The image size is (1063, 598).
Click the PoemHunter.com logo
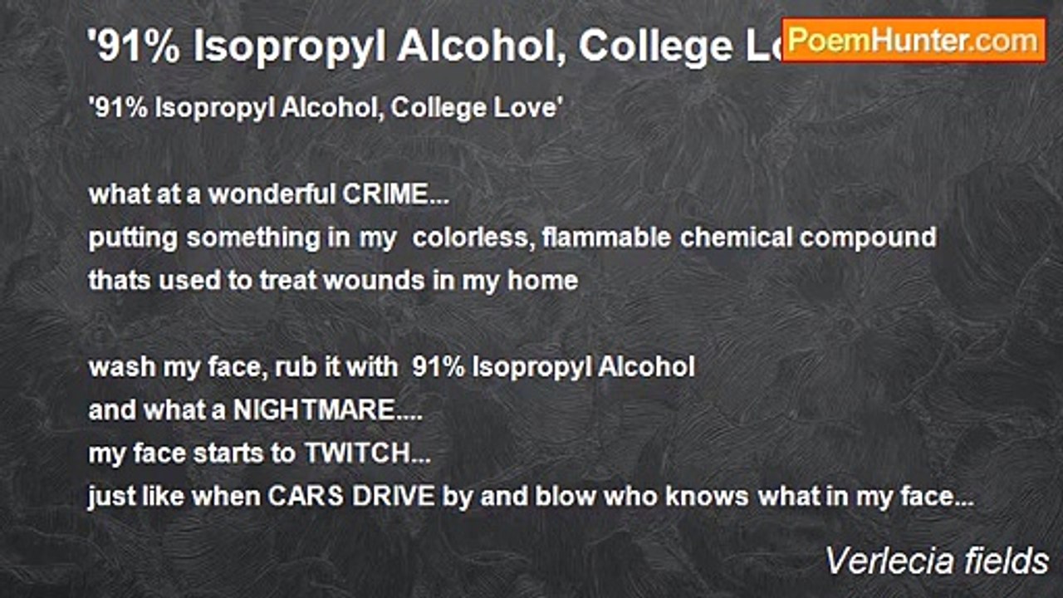[914, 40]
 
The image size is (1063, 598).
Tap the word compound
[869, 238]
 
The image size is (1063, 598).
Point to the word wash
[116, 367]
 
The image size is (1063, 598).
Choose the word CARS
[302, 497]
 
